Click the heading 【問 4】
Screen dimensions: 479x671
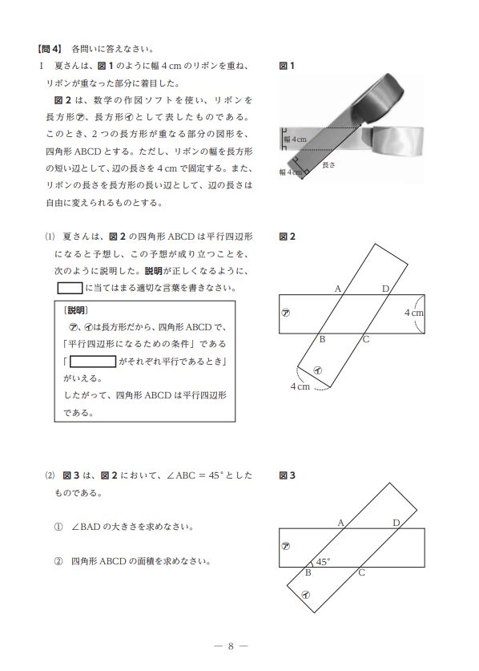point(50,49)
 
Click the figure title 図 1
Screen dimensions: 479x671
point(287,66)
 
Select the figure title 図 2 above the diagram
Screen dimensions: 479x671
point(287,236)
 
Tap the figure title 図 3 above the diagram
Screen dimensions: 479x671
point(287,475)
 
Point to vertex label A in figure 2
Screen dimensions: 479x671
point(338,289)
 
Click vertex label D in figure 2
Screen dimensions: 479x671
point(386,289)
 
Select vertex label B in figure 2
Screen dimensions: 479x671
point(323,339)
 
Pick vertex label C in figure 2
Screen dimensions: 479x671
point(366,340)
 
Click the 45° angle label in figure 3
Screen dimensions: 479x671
point(323,561)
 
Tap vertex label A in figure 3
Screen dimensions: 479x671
point(341,523)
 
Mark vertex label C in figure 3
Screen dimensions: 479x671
point(362,572)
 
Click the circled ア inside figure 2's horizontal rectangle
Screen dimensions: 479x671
point(286,313)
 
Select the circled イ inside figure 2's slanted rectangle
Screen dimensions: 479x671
point(318,370)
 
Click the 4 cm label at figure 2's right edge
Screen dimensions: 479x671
point(414,313)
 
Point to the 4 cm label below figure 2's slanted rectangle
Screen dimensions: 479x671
point(300,386)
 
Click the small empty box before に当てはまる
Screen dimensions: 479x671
point(70,288)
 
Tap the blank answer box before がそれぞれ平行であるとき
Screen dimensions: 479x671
point(93,362)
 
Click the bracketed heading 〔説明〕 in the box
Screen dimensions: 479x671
point(75,310)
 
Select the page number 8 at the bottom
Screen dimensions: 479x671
point(231,646)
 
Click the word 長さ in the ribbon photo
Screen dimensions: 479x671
point(328,165)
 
